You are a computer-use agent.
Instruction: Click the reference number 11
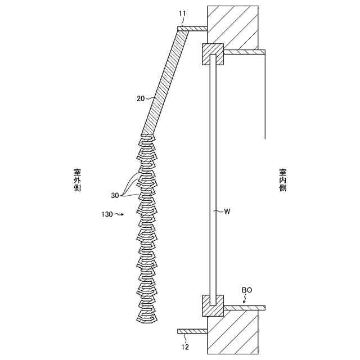tap(182, 12)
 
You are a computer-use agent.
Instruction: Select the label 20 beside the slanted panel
tap(141, 98)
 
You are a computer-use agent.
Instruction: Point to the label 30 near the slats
tap(115, 196)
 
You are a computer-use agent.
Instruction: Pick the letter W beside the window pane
tap(227, 211)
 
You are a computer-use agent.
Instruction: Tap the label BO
tap(247, 290)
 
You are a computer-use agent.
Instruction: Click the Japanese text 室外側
tap(77, 180)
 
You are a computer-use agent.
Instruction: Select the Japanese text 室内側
tap(282, 180)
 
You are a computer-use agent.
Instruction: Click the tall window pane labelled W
tap(213, 180)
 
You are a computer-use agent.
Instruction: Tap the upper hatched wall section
tap(233, 25)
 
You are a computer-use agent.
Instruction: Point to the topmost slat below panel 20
tap(147, 137)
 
